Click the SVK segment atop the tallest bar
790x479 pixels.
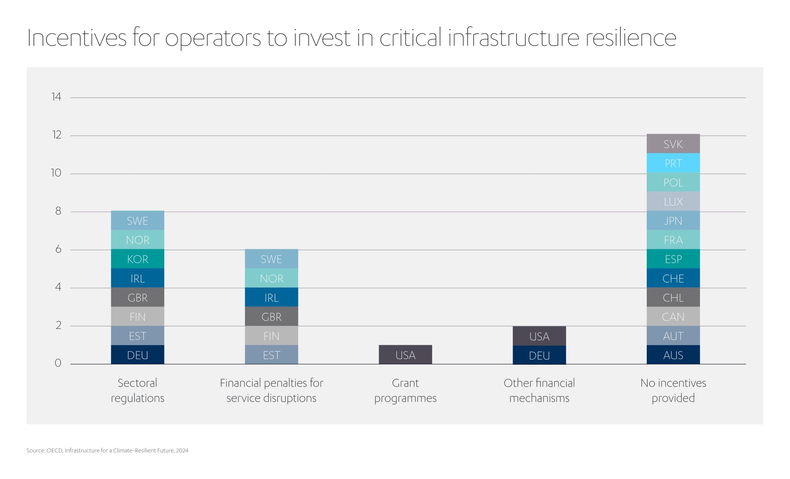coord(673,144)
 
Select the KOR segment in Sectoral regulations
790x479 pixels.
coord(138,259)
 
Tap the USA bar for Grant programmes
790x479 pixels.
coord(405,355)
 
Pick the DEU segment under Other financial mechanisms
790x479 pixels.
coord(539,355)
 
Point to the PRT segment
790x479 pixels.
coord(673,163)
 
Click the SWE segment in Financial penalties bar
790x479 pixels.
coord(271,259)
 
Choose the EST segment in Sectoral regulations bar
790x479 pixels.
coord(138,336)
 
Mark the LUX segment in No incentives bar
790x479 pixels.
coord(673,201)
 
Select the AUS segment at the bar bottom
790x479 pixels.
coord(673,355)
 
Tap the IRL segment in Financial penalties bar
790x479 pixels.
coord(271,297)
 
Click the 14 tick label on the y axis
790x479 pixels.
coord(56,97)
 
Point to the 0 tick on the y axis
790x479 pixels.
coord(58,363)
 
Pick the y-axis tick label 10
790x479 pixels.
coord(56,173)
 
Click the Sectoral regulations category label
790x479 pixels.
coord(138,390)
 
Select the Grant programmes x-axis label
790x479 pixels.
coord(405,390)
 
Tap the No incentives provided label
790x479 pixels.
coord(673,390)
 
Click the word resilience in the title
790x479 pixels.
coord(631,38)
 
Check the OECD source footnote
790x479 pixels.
coord(107,451)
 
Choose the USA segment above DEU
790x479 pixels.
coord(539,336)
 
